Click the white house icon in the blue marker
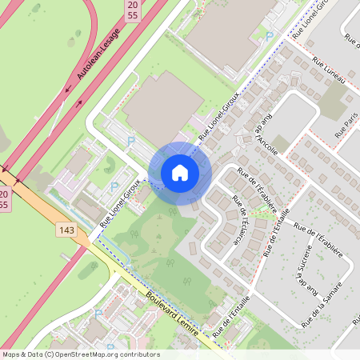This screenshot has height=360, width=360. click(x=180, y=173)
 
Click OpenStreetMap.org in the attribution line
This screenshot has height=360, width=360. click(x=106, y=354)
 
